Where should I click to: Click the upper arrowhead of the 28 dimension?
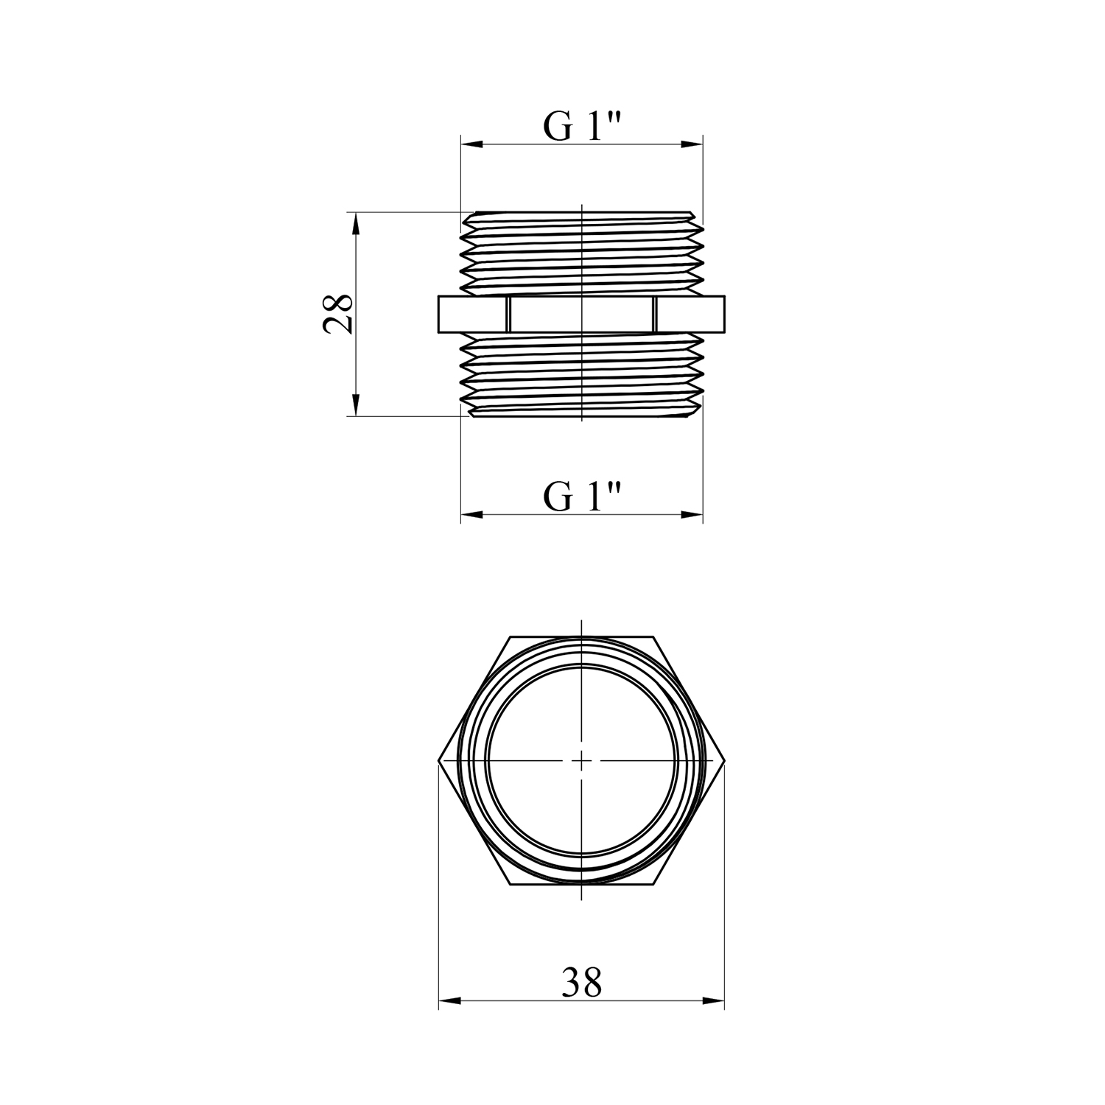(356, 224)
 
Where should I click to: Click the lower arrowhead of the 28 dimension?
(356, 404)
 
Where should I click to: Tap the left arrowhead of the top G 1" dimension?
(471, 145)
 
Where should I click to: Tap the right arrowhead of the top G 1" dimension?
(692, 145)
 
